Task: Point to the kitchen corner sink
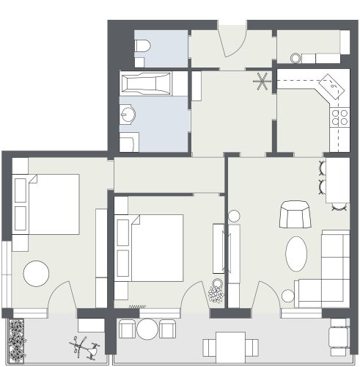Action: tap(334, 88)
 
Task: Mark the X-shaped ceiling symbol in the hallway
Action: tap(262, 81)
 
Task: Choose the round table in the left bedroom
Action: tap(37, 274)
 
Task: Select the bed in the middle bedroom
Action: tap(150, 247)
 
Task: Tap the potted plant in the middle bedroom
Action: tap(216, 292)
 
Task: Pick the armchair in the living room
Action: tap(295, 215)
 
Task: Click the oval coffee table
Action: tap(297, 254)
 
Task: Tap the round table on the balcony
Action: tap(149, 328)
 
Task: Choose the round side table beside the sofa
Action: tap(288, 297)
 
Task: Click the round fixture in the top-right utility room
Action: tap(296, 57)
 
